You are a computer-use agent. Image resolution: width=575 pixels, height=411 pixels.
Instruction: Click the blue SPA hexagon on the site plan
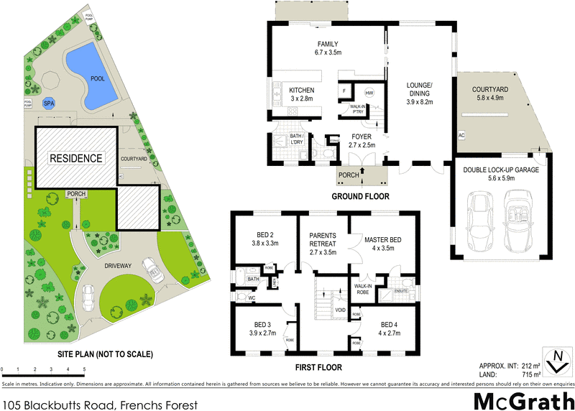pyautogui.click(x=49, y=103)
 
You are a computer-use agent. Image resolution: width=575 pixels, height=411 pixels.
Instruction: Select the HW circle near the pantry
pyautogui.click(x=369, y=93)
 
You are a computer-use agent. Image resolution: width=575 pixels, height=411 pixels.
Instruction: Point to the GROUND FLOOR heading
pyautogui.click(x=359, y=196)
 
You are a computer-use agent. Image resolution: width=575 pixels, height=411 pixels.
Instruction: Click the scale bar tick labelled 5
pyautogui.click(x=85, y=369)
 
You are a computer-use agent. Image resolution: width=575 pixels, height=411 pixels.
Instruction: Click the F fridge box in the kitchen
pyautogui.click(x=345, y=91)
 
